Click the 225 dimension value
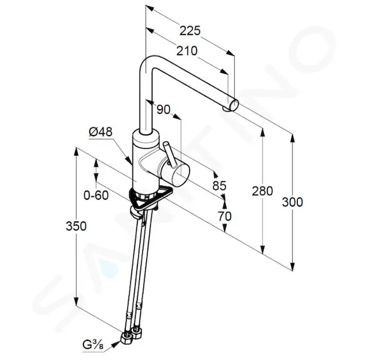(190, 31)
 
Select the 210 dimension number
(187, 51)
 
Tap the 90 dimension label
(163, 109)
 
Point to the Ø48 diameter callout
(101, 132)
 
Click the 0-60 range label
(96, 195)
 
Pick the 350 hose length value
(76, 226)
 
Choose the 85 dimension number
(219, 185)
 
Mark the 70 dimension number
(225, 216)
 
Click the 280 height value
(262, 191)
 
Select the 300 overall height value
(292, 202)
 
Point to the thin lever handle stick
(169, 155)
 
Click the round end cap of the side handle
(180, 175)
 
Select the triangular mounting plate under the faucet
(150, 197)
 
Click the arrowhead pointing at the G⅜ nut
(116, 344)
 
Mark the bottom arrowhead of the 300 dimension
(292, 266)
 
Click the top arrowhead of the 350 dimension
(76, 152)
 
